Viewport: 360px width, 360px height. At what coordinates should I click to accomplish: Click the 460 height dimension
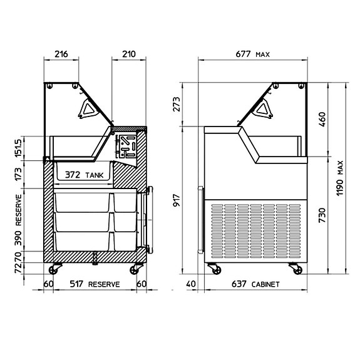(322, 119)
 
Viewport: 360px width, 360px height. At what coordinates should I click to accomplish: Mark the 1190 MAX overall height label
(340, 178)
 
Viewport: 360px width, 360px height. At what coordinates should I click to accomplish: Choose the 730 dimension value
(322, 214)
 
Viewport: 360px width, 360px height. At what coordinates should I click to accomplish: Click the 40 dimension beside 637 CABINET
(191, 284)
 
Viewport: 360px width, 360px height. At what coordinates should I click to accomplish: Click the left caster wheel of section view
(54, 270)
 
